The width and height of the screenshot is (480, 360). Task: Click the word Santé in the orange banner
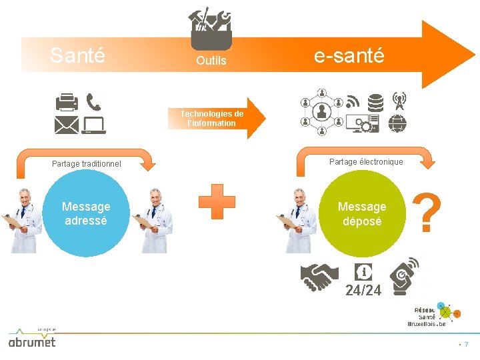(x=77, y=55)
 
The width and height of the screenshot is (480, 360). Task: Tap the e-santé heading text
(x=349, y=56)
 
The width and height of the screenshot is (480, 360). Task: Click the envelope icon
(x=67, y=125)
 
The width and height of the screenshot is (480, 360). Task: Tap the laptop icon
(x=93, y=125)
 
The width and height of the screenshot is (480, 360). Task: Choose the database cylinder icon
(x=376, y=103)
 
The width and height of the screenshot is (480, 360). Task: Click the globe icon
(x=398, y=124)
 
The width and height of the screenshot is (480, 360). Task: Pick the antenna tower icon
(x=399, y=101)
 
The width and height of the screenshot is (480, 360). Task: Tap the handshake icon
(x=316, y=277)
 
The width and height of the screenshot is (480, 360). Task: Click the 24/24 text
(x=363, y=290)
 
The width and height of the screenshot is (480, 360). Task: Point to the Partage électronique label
(x=366, y=162)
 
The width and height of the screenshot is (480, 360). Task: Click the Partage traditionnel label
(x=87, y=163)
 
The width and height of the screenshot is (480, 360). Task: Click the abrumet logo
(x=31, y=341)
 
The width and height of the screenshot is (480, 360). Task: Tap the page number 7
(x=466, y=345)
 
